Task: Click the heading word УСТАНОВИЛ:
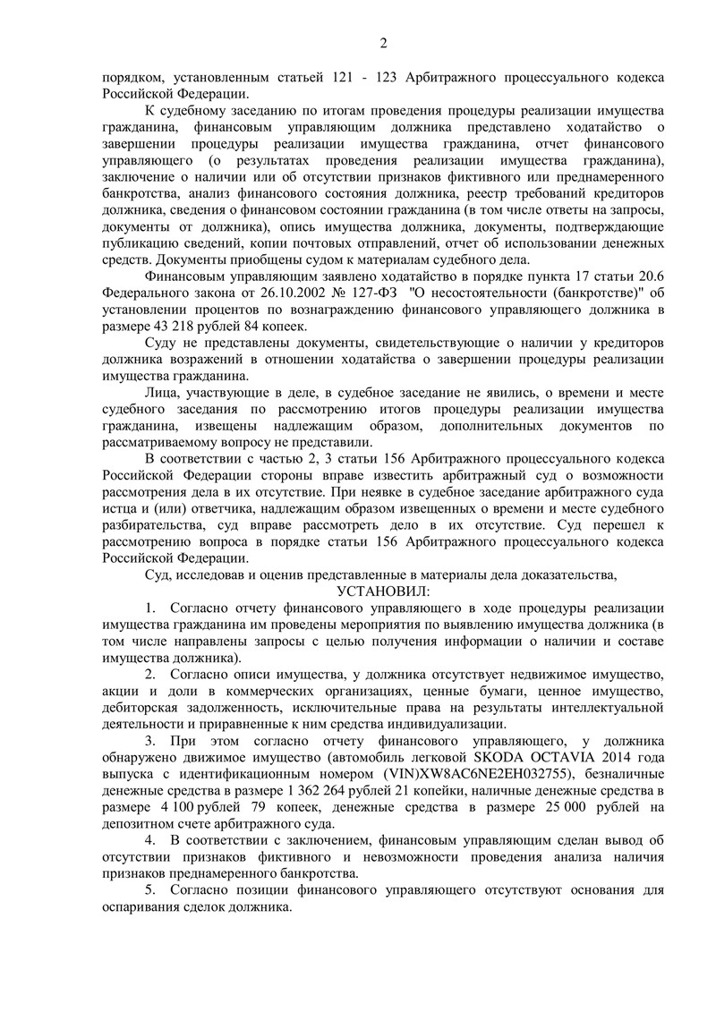pos(384,591)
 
